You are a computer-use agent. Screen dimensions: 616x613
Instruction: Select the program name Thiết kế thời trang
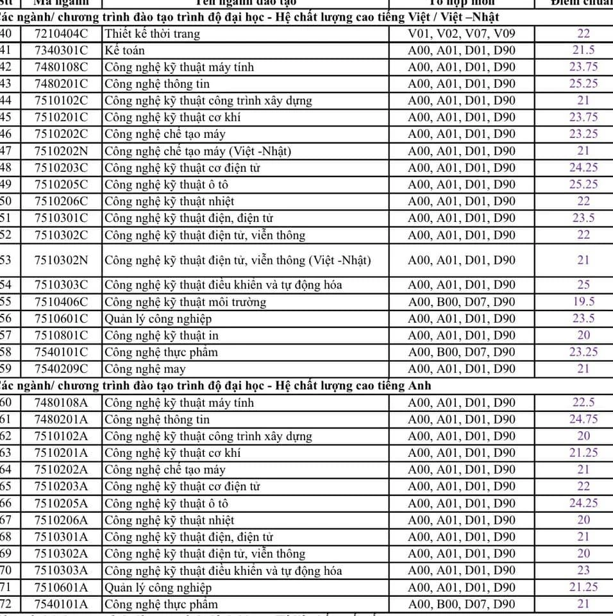click(152, 33)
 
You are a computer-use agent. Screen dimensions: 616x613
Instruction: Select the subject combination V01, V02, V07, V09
click(461, 33)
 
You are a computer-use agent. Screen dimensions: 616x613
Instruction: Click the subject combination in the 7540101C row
click(461, 352)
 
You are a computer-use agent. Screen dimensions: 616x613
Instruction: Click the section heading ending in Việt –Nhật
click(250, 17)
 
